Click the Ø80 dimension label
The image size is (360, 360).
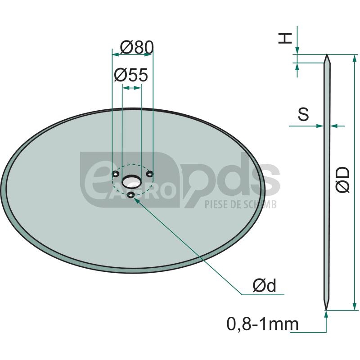(137, 48)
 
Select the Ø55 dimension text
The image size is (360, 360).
(131, 75)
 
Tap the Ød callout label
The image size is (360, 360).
(264, 285)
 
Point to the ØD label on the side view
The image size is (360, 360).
(342, 180)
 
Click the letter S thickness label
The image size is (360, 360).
(303, 114)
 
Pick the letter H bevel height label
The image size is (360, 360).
(285, 38)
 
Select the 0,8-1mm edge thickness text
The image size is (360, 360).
(263, 324)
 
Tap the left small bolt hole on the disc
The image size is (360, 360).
(115, 174)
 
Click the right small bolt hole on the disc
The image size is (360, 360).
(150, 174)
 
